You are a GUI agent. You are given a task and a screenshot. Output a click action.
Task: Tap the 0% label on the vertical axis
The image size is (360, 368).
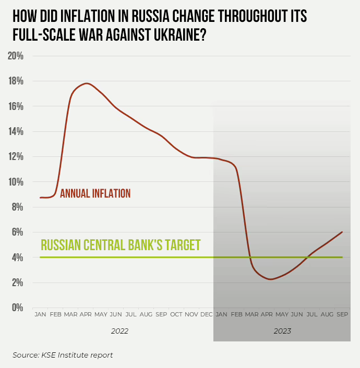(18, 308)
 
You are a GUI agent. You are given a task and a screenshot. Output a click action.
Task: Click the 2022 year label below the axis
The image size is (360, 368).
(119, 331)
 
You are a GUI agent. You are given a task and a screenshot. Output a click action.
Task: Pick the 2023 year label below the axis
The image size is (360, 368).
(282, 331)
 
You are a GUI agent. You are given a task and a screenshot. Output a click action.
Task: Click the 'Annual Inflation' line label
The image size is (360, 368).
(95, 193)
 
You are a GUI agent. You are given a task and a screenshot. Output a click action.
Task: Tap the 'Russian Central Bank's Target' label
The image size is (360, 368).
(121, 245)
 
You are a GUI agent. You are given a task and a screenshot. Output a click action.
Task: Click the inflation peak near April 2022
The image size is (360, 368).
(87, 83)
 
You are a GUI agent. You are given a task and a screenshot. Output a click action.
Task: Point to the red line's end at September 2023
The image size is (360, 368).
(342, 232)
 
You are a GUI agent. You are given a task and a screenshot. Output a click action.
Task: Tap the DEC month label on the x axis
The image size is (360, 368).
(206, 315)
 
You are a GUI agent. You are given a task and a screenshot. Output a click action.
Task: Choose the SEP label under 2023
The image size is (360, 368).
(343, 315)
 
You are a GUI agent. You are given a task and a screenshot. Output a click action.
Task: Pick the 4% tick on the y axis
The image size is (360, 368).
(18, 257)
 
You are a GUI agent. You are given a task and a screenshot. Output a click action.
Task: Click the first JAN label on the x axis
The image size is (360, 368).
(40, 315)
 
